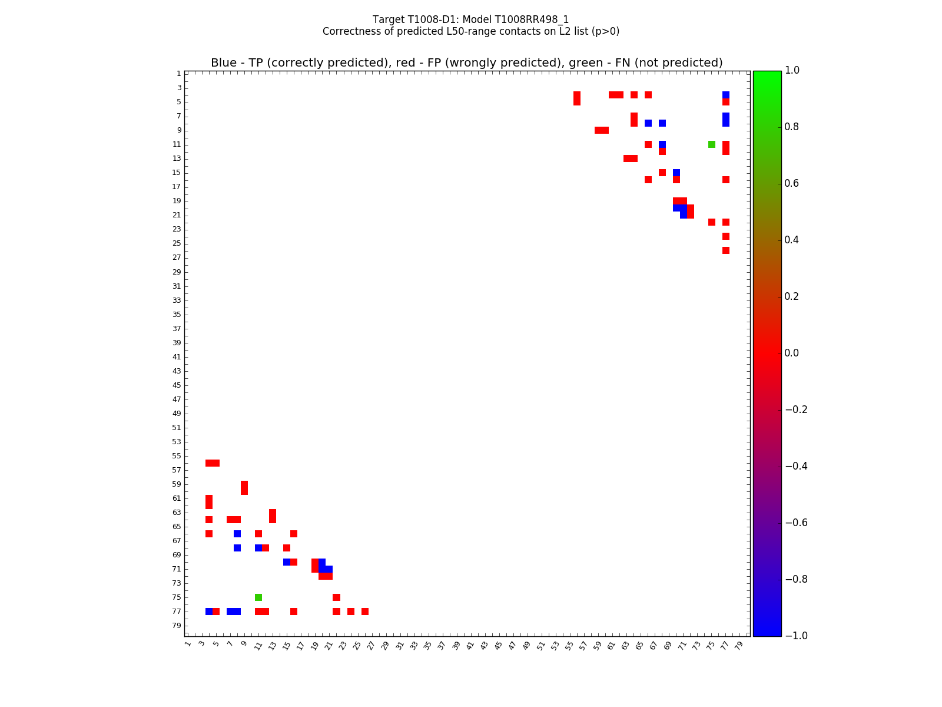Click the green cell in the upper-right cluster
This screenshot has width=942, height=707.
click(712, 144)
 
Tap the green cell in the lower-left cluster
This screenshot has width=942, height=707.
click(258, 597)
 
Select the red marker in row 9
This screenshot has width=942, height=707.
click(602, 130)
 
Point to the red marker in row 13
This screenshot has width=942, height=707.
click(631, 158)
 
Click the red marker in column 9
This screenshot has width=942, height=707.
click(244, 488)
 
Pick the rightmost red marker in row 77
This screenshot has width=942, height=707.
click(365, 612)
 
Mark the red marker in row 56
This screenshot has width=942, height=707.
click(213, 463)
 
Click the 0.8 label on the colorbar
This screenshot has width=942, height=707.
click(791, 127)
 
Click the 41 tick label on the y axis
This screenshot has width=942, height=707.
click(177, 357)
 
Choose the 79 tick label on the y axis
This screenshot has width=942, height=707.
click(177, 626)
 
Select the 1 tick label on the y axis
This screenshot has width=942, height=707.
click(178, 74)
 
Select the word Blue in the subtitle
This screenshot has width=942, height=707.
click(224, 63)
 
